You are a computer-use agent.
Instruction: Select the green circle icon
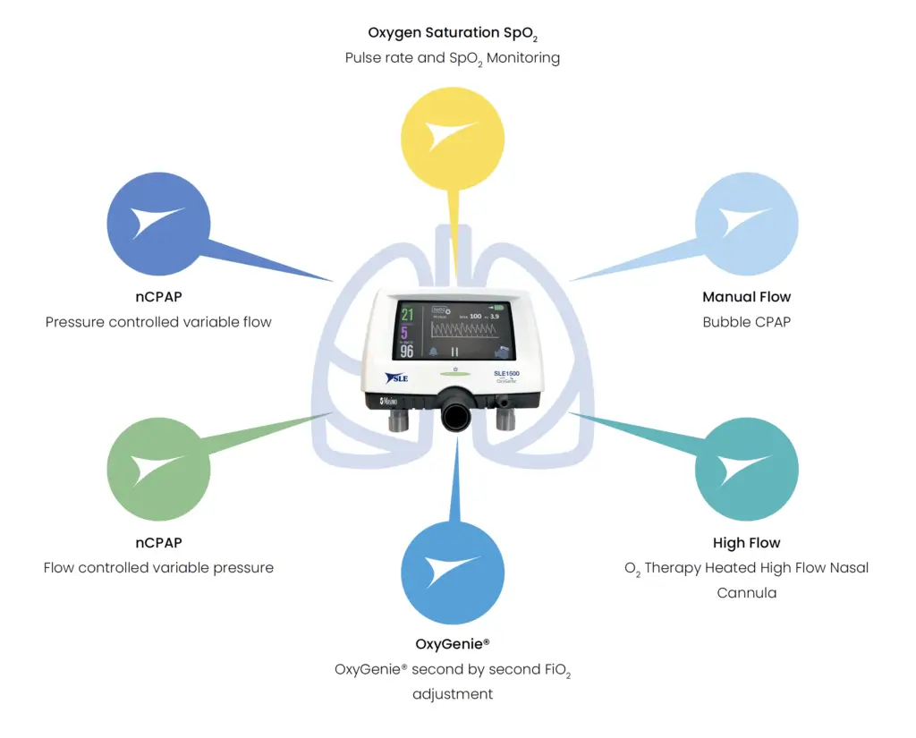[158, 470]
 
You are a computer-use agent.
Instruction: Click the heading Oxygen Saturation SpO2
[453, 33]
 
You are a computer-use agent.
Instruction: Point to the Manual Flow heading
[746, 297]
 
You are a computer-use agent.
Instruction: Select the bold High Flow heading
[746, 543]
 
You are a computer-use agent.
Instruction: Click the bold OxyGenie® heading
[453, 644]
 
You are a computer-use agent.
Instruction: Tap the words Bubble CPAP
[746, 322]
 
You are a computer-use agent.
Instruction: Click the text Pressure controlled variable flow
[158, 322]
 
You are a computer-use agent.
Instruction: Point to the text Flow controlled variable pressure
[158, 568]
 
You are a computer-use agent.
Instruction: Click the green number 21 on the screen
[407, 315]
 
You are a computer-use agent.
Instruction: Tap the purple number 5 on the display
[405, 333]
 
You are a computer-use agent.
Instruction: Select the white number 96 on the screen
[407, 352]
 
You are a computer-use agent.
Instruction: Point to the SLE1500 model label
[506, 372]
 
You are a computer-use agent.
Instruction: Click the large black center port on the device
[456, 411]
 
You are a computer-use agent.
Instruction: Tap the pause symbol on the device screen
[454, 352]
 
